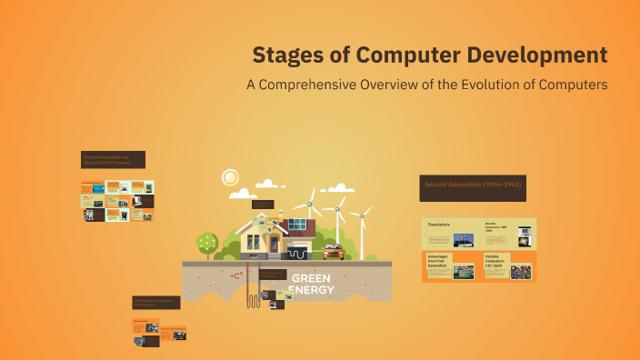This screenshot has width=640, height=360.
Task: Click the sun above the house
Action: [x=230, y=177]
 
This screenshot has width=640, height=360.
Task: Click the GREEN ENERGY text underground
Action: [x=311, y=284]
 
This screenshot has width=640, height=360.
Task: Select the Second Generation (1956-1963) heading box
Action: [x=473, y=188]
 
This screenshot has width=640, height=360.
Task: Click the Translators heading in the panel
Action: [x=439, y=224]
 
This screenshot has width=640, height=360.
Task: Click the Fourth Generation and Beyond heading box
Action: [x=113, y=160]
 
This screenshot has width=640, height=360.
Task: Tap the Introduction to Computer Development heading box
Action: [x=155, y=302]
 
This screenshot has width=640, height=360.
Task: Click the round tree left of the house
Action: [x=207, y=242]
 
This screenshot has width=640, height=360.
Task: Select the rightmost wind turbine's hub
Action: [x=361, y=216]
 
